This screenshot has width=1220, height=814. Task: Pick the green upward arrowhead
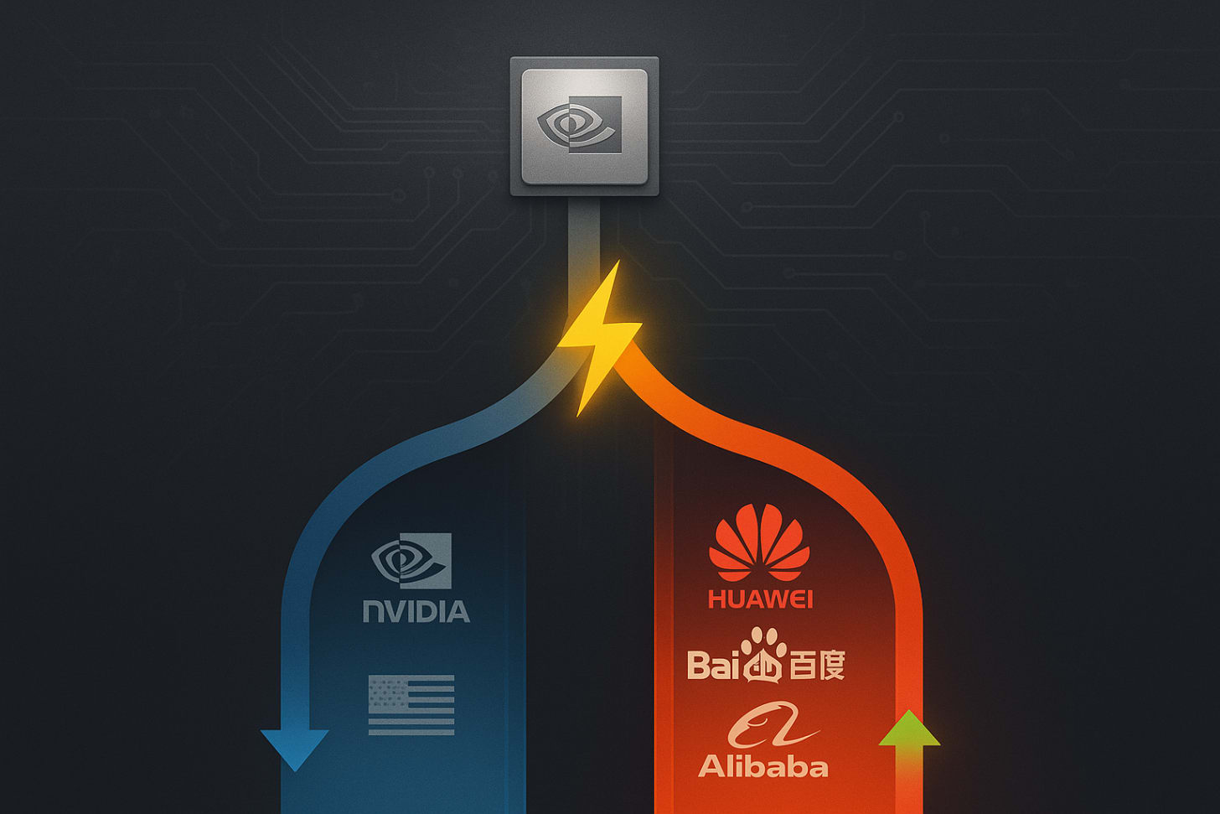pos(909,731)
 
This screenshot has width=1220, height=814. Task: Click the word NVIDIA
pos(416,610)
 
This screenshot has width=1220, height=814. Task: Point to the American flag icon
pos(411,705)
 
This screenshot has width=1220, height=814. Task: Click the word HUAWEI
pos(760,599)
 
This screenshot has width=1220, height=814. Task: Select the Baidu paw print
pos(762,656)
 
